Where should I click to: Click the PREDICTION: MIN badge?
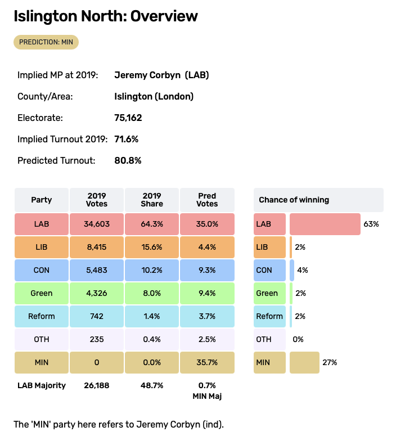tap(47, 42)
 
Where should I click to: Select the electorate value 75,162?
tap(128, 118)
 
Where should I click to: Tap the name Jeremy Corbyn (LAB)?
tap(161, 75)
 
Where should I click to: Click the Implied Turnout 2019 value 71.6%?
tap(127, 139)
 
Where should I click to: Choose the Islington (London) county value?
tap(154, 96)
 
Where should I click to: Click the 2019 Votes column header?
tap(97, 200)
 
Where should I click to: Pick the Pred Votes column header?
tap(207, 200)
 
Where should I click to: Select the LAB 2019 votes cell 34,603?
tap(97, 224)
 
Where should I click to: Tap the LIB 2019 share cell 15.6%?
tap(152, 247)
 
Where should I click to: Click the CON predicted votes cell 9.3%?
tap(207, 270)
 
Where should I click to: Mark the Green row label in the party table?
tap(42, 293)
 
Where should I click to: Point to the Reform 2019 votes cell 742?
tap(97, 316)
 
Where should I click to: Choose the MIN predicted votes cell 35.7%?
tap(207, 362)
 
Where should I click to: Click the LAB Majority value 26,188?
tap(97, 385)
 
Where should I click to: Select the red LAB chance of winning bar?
tap(325, 224)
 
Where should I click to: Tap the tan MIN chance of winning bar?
tap(304, 362)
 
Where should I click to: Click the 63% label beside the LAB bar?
tap(371, 224)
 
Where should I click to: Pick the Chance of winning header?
tap(294, 200)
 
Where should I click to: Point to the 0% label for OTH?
tap(298, 339)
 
